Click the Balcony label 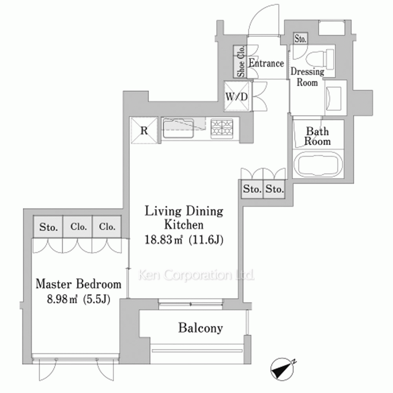[200, 328]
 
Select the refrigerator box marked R [144, 130]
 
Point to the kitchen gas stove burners [222, 128]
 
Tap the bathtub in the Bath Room [318, 164]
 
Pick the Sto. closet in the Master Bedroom [48, 227]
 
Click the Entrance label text [266, 63]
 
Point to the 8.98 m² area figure [62, 299]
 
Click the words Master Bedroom [79, 284]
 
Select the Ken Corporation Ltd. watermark [196, 275]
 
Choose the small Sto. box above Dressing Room [300, 39]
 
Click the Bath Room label [317, 136]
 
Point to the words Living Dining [184, 211]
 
